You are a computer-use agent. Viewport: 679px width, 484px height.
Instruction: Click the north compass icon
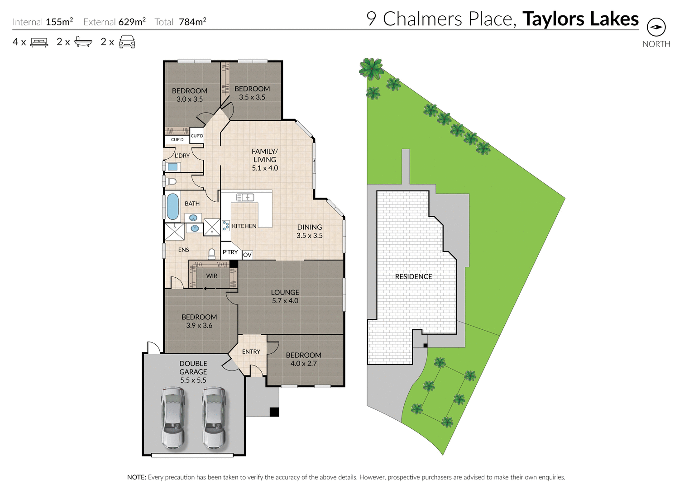(x=656, y=28)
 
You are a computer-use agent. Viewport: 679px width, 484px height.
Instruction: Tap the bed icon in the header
(x=39, y=42)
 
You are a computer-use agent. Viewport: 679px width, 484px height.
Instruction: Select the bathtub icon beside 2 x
(x=83, y=42)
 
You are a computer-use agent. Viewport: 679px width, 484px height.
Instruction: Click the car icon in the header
(x=127, y=42)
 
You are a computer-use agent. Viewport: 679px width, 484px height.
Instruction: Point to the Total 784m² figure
(x=180, y=22)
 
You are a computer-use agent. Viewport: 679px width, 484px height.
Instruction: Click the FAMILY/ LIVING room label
(x=265, y=160)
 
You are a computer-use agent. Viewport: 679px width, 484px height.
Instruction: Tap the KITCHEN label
(x=244, y=226)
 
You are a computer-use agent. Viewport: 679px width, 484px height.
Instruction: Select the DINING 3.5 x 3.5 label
(x=310, y=231)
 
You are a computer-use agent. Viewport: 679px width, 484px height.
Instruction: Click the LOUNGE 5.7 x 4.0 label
(x=285, y=296)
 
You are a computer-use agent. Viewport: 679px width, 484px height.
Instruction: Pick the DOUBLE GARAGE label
(x=193, y=371)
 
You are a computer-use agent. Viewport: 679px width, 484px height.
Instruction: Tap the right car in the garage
(x=214, y=418)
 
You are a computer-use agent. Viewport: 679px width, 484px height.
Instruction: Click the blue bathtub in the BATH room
(x=172, y=206)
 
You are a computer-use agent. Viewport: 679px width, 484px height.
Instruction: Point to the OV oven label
(x=247, y=255)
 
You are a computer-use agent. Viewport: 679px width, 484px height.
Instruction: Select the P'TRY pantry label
(x=230, y=252)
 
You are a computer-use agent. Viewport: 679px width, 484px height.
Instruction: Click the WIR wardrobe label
(x=212, y=275)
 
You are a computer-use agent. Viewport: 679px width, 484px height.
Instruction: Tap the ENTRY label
(x=251, y=351)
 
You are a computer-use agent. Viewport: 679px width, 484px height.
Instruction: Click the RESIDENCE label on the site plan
(x=413, y=276)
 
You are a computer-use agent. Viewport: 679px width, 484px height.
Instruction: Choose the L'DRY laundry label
(x=182, y=156)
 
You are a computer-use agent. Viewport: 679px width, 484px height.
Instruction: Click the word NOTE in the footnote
(x=136, y=477)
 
